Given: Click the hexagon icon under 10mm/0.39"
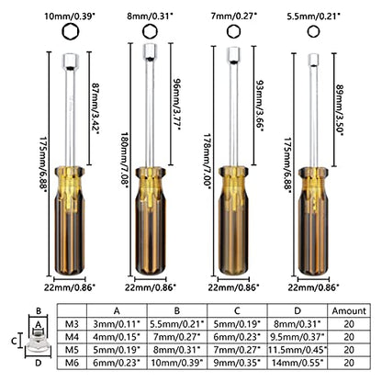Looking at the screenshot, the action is (71, 32).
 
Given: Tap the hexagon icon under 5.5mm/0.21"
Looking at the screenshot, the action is (313, 32).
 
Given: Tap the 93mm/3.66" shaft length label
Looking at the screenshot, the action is (259, 106).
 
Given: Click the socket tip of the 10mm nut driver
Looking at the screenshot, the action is (71, 62).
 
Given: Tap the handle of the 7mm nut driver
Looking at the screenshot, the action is (233, 220).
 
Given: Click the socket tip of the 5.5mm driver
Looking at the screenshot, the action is (313, 60).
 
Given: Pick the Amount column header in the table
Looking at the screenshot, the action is (349, 310).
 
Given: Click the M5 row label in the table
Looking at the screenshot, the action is (72, 350).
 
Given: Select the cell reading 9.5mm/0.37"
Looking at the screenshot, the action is (298, 337).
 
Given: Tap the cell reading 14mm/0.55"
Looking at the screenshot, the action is (298, 363).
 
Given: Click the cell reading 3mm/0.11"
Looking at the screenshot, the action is (117, 324).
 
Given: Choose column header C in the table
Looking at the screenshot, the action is (237, 310).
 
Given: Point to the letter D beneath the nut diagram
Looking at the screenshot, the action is (39, 363).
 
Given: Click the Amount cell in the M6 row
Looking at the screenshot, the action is (349, 363).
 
